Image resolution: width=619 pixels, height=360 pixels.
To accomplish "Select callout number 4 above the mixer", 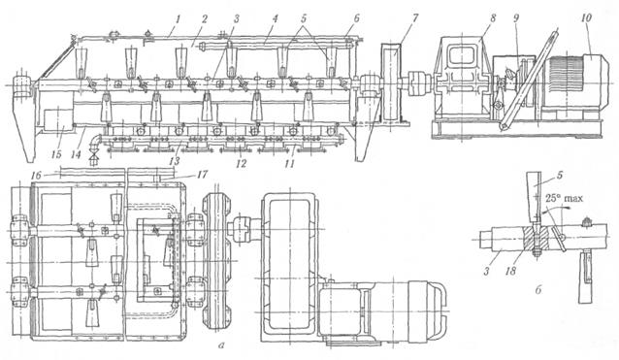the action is pyautogui.click(x=275, y=18).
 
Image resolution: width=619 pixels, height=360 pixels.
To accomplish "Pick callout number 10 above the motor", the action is pyautogui.click(x=587, y=17).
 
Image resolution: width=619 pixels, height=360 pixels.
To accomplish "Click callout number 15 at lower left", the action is pyautogui.click(x=56, y=154).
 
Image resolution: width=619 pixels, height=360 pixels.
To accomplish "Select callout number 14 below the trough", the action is pyautogui.click(x=76, y=154).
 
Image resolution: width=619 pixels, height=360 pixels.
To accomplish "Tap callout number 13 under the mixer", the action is pyautogui.click(x=174, y=161).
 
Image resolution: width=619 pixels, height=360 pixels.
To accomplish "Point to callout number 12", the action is pyautogui.click(x=242, y=163).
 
